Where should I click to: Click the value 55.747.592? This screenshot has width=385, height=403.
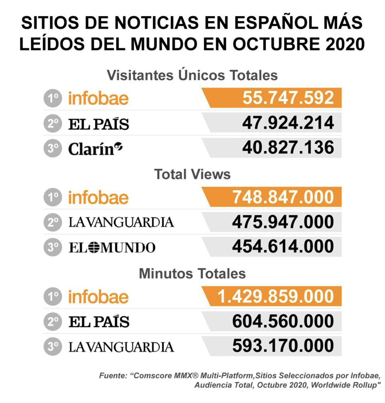[x=288, y=98]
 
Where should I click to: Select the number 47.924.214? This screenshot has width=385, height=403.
[x=288, y=123]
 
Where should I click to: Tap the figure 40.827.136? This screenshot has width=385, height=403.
[x=288, y=148]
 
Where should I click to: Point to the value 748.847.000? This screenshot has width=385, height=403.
[x=283, y=197]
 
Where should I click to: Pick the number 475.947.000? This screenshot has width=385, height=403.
[x=283, y=222]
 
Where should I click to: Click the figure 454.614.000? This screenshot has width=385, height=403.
[x=283, y=247]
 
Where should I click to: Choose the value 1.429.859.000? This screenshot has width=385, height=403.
[x=276, y=297]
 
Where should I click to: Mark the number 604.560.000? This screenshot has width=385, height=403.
[x=283, y=321]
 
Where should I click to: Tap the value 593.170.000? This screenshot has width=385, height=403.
[x=283, y=346]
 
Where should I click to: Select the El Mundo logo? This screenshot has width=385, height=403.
[x=112, y=248]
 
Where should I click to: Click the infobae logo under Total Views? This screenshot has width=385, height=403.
[x=98, y=197]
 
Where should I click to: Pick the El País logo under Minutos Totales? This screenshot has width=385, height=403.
[x=99, y=322]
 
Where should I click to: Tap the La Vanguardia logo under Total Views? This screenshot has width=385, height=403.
[x=121, y=222]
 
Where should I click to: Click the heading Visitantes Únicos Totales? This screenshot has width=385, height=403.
[x=192, y=75]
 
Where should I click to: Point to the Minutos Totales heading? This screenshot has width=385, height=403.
[x=192, y=274]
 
